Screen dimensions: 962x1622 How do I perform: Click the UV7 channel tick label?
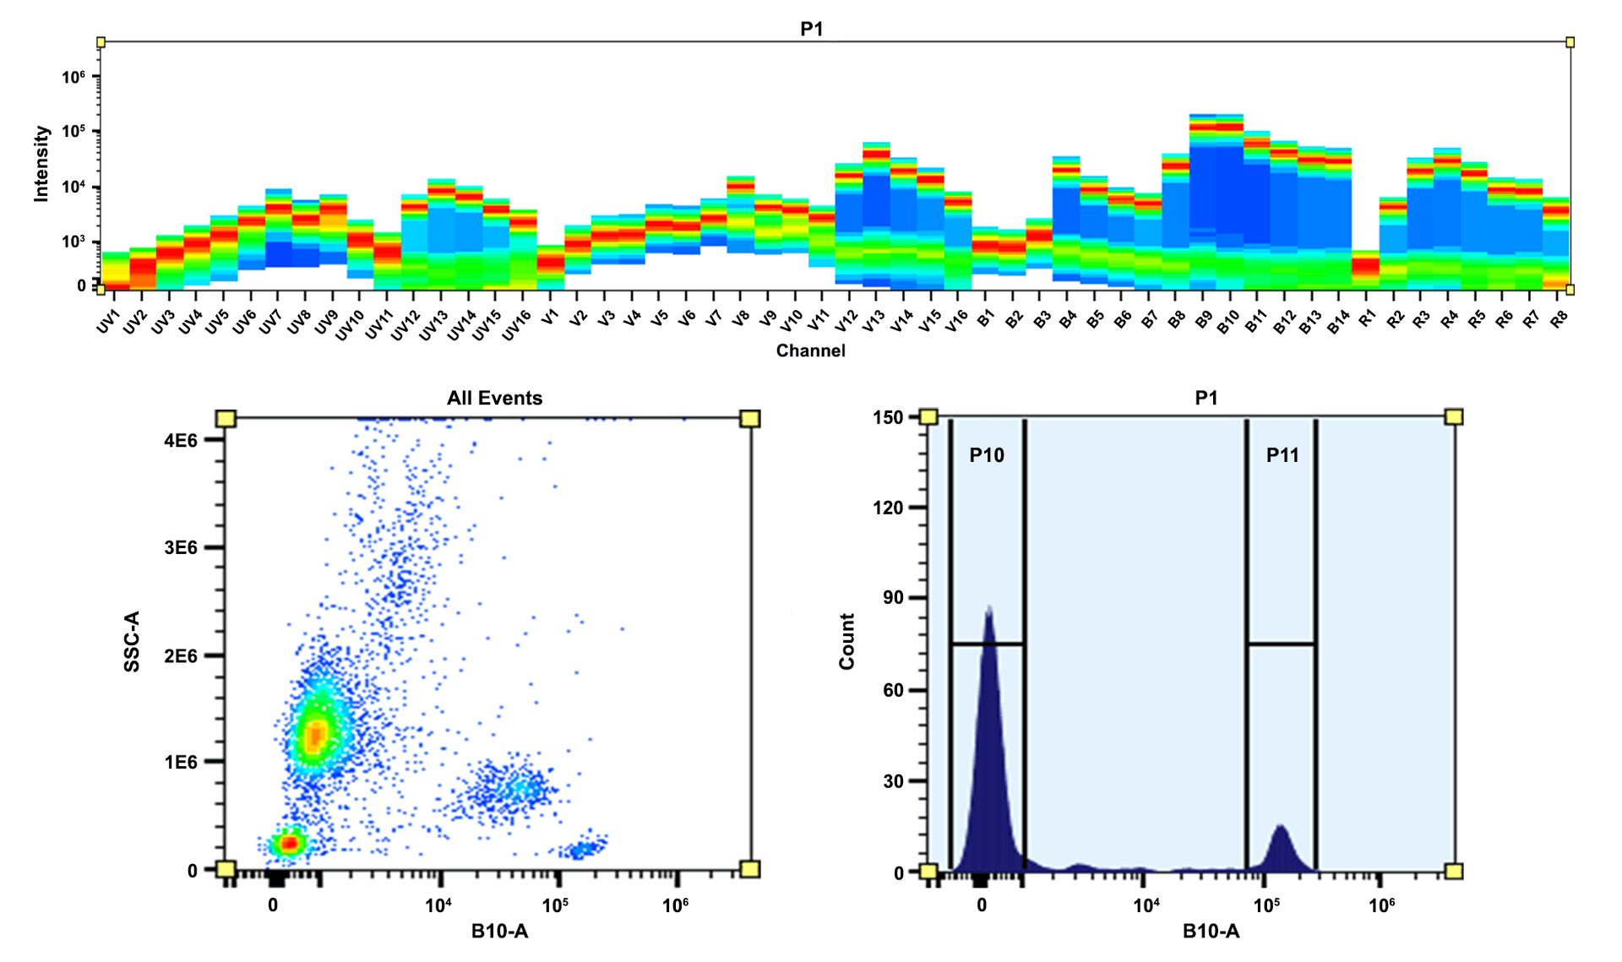[270, 322]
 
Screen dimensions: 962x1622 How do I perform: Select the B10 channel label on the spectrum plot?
[1227, 322]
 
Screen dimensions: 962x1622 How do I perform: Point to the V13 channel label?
[874, 322]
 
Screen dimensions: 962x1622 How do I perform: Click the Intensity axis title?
[41, 163]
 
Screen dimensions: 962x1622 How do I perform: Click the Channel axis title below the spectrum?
[810, 351]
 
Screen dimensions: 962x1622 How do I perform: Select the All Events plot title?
[494, 398]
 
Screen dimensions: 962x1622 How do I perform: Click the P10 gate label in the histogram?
[986, 455]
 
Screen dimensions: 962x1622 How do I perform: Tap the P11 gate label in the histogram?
[1282, 455]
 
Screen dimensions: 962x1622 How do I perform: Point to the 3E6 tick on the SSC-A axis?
[181, 547]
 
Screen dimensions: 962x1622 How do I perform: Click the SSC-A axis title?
[132, 642]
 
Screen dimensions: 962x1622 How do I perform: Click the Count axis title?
[846, 642]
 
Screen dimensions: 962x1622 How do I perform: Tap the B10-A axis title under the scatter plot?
[499, 931]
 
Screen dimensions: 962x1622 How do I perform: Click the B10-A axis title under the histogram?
[1211, 931]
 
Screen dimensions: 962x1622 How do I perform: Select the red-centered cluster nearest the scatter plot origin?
[288, 843]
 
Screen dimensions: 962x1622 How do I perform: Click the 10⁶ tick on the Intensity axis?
[73, 77]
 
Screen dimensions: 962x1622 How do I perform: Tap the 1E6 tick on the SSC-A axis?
[181, 762]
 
